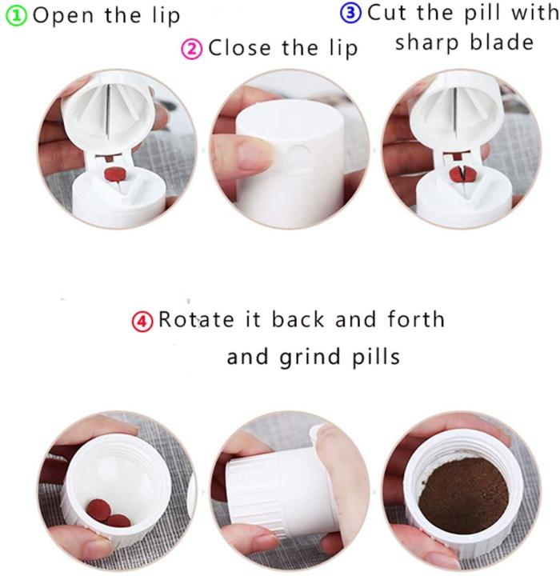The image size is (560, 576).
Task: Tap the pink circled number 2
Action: coord(193,49)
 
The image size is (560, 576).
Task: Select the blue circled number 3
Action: coord(353,14)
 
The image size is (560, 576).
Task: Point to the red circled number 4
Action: coord(142,322)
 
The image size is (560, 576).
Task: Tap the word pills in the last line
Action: coord(376,356)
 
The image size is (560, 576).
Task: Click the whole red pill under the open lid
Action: coord(110,174)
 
